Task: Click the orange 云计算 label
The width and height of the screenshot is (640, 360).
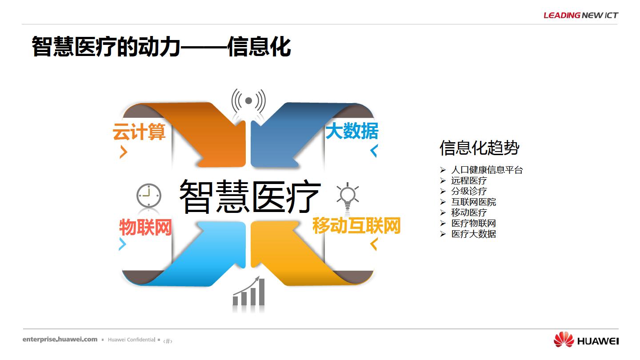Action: tap(139, 132)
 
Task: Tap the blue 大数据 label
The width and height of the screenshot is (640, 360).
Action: tap(352, 131)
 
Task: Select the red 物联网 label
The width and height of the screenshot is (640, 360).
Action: tap(145, 228)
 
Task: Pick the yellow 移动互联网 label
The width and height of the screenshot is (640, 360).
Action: tap(356, 225)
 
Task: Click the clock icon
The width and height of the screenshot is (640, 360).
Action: tap(148, 196)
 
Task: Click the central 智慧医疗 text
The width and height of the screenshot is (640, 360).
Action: tap(250, 196)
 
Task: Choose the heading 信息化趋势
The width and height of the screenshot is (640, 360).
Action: tap(480, 148)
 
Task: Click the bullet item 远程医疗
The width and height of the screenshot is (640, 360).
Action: tap(469, 180)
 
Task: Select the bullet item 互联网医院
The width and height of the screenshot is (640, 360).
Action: tap(473, 202)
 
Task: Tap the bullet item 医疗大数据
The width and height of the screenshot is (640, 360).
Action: tap(473, 234)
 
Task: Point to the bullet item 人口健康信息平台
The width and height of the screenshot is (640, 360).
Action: tap(487, 170)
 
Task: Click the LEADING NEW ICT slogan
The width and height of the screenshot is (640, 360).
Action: tap(581, 15)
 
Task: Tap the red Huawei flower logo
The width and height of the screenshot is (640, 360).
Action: tap(564, 340)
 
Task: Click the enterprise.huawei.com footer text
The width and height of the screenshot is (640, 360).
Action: tap(60, 340)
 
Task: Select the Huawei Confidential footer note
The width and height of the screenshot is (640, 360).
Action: tap(132, 340)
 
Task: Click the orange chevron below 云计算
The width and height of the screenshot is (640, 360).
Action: tap(124, 152)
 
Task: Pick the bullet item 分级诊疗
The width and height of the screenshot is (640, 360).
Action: tap(469, 191)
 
